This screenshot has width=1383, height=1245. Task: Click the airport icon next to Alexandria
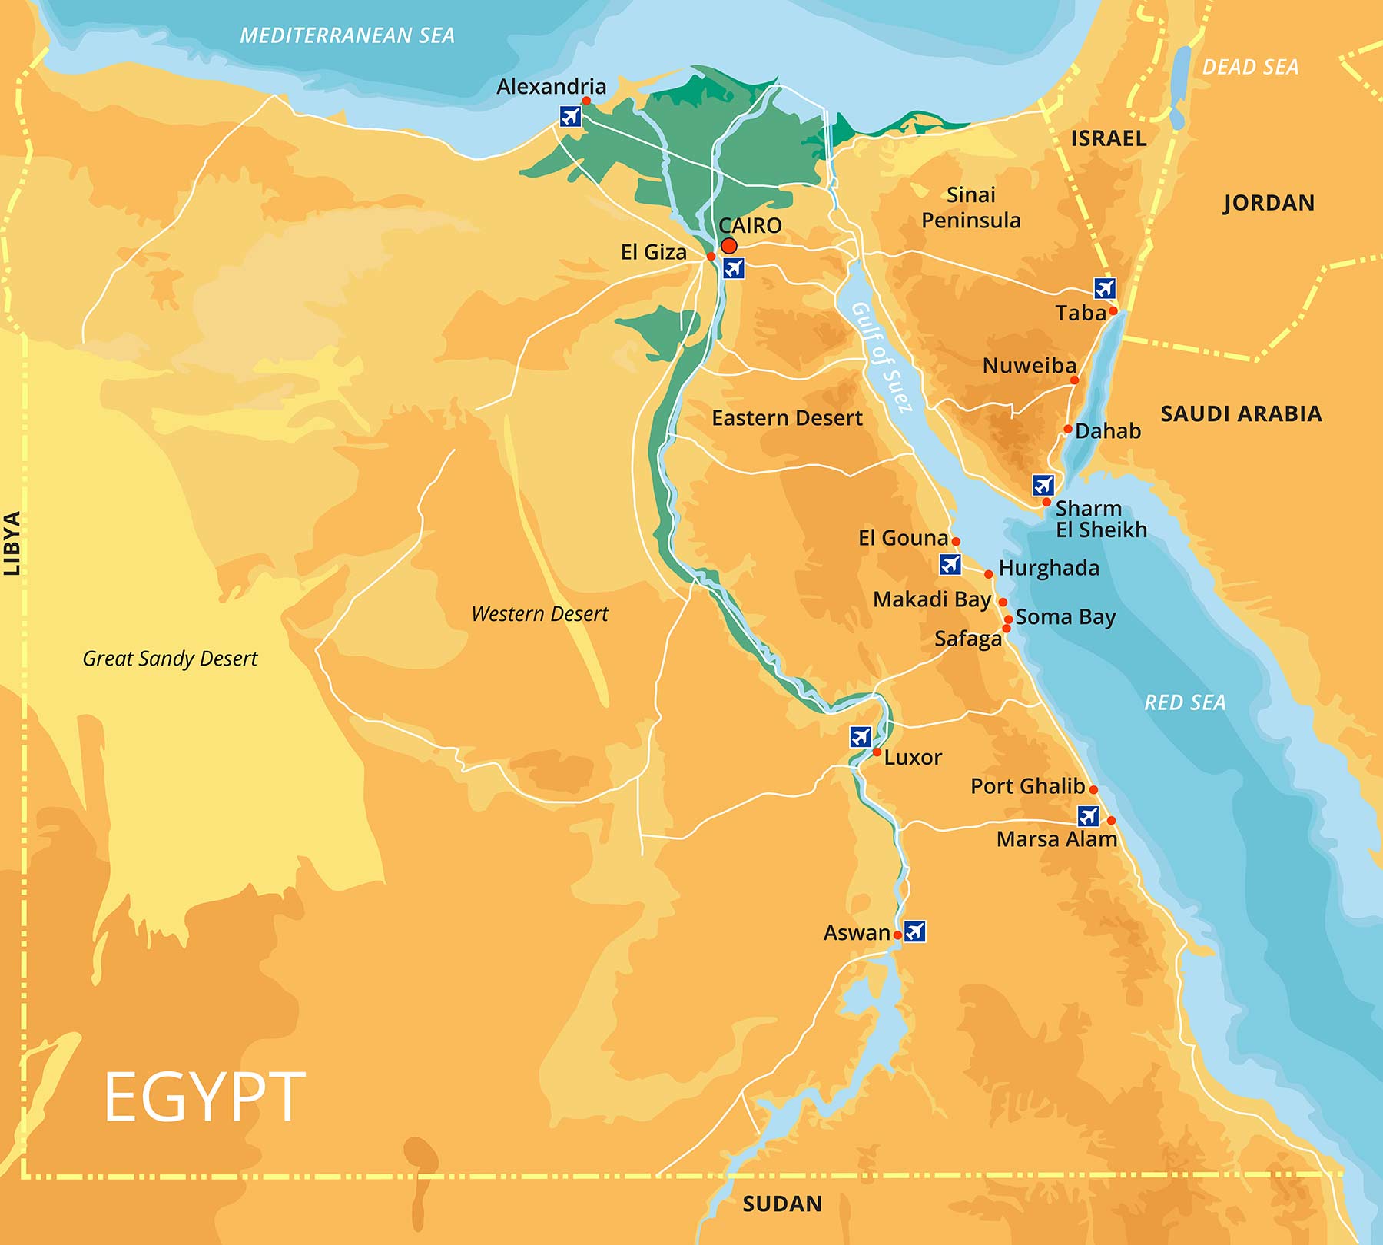[570, 116]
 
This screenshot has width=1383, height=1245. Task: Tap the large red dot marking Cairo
[729, 246]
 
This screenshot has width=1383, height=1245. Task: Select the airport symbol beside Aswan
[914, 931]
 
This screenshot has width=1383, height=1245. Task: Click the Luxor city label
[913, 758]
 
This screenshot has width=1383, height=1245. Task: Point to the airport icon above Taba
[1105, 288]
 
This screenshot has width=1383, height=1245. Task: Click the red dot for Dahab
[1068, 429]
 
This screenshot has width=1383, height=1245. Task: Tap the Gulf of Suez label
[882, 357]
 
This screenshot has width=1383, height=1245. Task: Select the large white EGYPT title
[204, 1097]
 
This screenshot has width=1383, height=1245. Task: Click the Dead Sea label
[1250, 68]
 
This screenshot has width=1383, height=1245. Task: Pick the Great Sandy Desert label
[170, 659]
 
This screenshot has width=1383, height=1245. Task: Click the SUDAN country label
[782, 1203]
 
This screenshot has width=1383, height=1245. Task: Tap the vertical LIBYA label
[12, 543]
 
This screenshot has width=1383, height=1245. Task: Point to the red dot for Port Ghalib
[1093, 789]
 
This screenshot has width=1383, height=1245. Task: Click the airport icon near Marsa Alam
[1088, 815]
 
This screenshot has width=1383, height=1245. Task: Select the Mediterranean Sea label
[347, 35]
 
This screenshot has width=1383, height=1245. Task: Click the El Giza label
[653, 252]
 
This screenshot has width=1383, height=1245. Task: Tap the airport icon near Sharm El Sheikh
[1043, 485]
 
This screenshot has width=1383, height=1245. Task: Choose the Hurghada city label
[1049, 568]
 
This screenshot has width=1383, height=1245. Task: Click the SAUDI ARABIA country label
[1241, 413]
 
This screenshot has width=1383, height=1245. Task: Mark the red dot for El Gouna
[956, 541]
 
